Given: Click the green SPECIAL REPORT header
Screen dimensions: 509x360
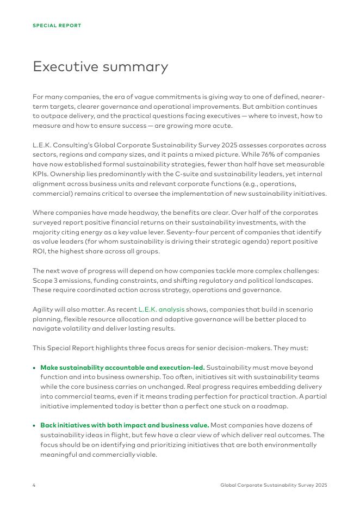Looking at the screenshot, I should point(57,26).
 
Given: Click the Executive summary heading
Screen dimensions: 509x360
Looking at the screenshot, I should point(100,67).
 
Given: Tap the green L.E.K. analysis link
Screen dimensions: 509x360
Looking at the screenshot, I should point(162,309).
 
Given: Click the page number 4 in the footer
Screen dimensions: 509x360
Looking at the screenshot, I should point(34,485).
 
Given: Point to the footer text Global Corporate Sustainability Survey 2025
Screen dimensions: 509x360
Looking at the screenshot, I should point(274,485).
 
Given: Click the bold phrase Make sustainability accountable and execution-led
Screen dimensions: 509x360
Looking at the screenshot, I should point(122,368).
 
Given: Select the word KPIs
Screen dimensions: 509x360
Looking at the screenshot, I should point(41,175).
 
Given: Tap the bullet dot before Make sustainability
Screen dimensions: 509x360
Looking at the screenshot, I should point(35,368).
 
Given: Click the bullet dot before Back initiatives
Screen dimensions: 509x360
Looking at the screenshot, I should point(35,426).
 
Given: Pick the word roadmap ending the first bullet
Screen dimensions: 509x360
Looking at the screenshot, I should point(272,406).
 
